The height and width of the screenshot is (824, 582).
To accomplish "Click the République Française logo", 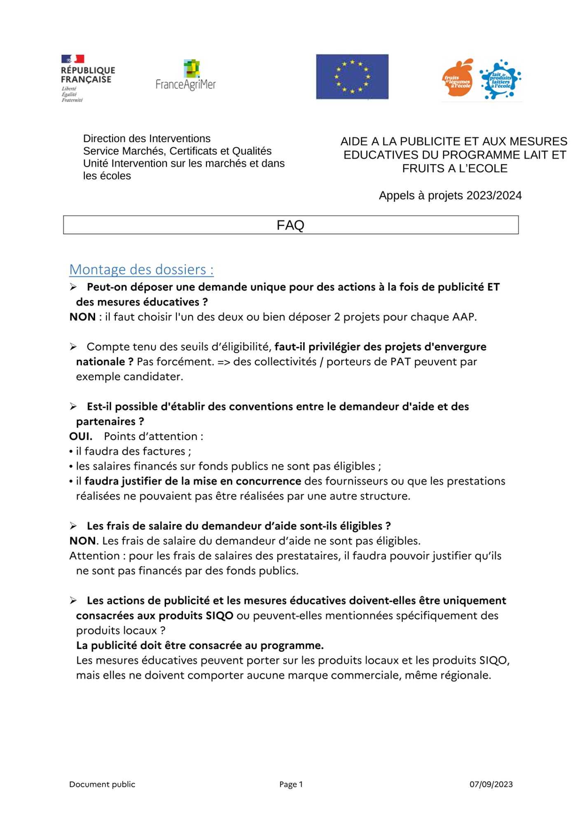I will tap(88, 78).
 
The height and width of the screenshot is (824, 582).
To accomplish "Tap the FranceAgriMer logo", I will tap(186, 76).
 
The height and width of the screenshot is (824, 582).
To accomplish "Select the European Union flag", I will tap(352, 77).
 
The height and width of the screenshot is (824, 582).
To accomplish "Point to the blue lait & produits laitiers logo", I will tap(500, 79).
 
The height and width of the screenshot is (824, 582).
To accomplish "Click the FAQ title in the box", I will tap(290, 225).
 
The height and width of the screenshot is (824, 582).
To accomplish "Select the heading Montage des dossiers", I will tap(141, 269).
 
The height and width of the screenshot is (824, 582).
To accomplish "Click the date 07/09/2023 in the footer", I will tap(491, 784).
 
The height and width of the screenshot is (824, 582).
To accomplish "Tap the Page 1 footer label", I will tap(291, 784).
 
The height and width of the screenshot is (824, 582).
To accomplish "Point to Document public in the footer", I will tap(102, 784).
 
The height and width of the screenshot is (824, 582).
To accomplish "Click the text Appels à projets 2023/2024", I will tap(450, 195).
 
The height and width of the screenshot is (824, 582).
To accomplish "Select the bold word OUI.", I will tap(81, 436).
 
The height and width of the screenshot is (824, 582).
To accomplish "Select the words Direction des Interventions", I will tap(147, 138).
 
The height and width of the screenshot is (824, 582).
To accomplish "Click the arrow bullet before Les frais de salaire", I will tap(73, 526).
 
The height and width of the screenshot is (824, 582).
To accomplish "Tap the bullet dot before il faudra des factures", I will tap(71, 452).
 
